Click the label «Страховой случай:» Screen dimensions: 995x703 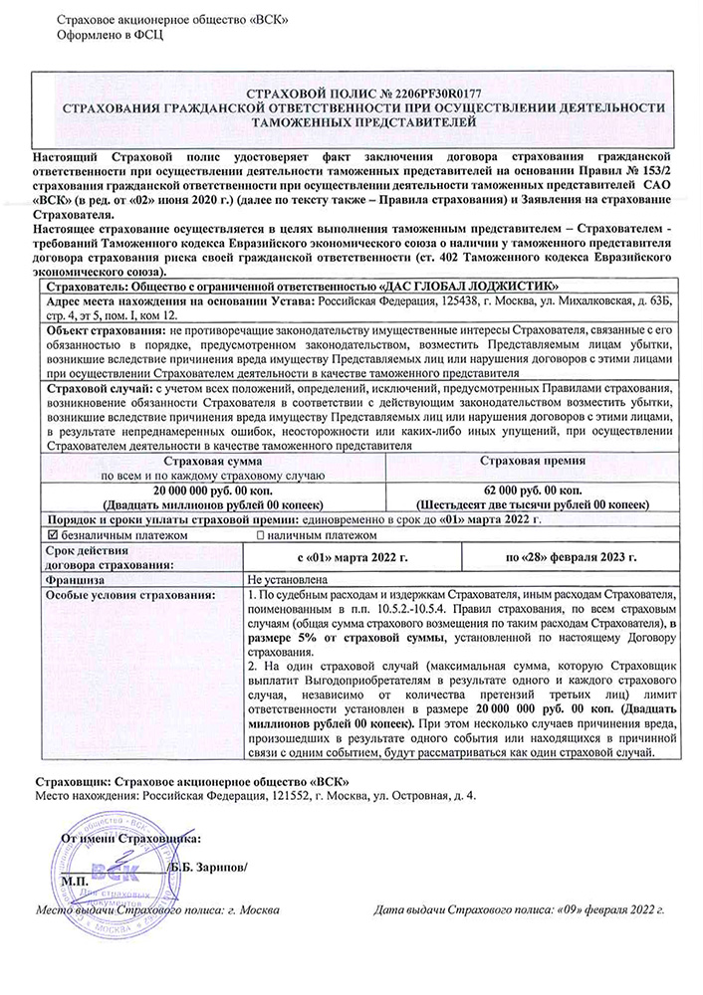(95, 388)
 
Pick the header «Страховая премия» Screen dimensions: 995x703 (535, 463)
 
